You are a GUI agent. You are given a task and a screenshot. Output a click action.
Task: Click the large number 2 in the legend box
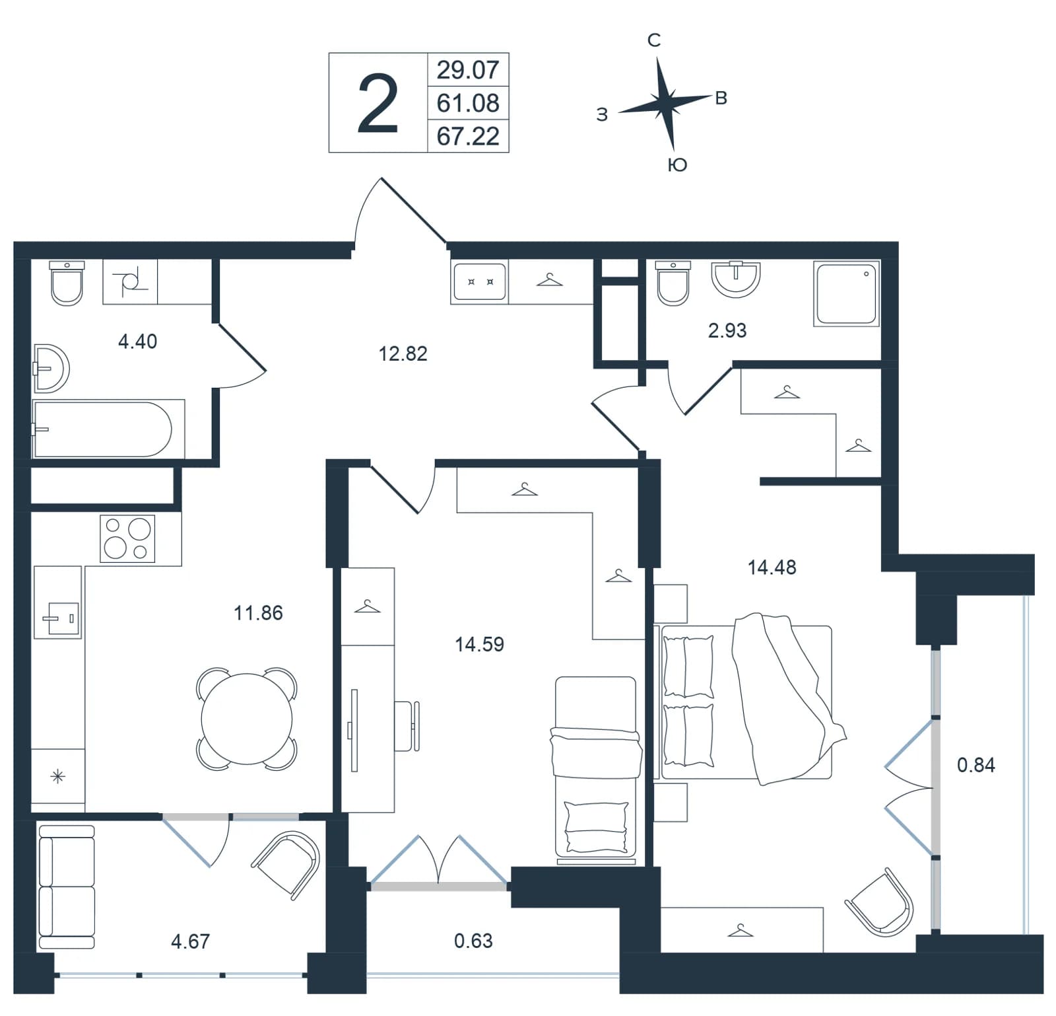tap(378, 104)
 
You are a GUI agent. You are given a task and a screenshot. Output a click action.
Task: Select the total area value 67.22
tap(468, 136)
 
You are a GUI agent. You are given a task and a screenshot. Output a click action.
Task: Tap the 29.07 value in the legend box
tap(468, 69)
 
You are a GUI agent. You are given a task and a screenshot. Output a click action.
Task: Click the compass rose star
tap(665, 103)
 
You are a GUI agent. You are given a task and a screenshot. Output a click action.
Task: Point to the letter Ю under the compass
tap(678, 164)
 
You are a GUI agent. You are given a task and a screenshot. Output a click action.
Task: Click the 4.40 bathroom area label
tap(137, 342)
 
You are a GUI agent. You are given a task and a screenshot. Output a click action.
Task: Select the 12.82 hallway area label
tap(403, 353)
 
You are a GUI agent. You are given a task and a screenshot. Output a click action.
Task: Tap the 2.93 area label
tap(727, 330)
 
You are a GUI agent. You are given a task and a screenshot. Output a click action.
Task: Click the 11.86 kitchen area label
tap(258, 613)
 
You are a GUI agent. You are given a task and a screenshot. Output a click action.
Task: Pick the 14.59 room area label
tap(479, 644)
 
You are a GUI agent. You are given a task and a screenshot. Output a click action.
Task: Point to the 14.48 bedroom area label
tap(772, 567)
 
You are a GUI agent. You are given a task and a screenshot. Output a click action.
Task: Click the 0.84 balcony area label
tap(975, 765)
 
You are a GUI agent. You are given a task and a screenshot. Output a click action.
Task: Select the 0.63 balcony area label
tap(473, 940)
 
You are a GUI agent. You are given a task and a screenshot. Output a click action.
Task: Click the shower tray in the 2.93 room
tap(847, 293)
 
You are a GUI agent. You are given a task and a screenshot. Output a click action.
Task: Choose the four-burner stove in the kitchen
tap(127, 539)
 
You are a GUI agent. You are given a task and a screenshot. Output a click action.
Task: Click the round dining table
tap(246, 719)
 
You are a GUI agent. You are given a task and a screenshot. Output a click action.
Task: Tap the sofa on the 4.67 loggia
tap(66, 887)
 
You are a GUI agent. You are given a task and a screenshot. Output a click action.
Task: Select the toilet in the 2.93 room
tap(673, 283)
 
